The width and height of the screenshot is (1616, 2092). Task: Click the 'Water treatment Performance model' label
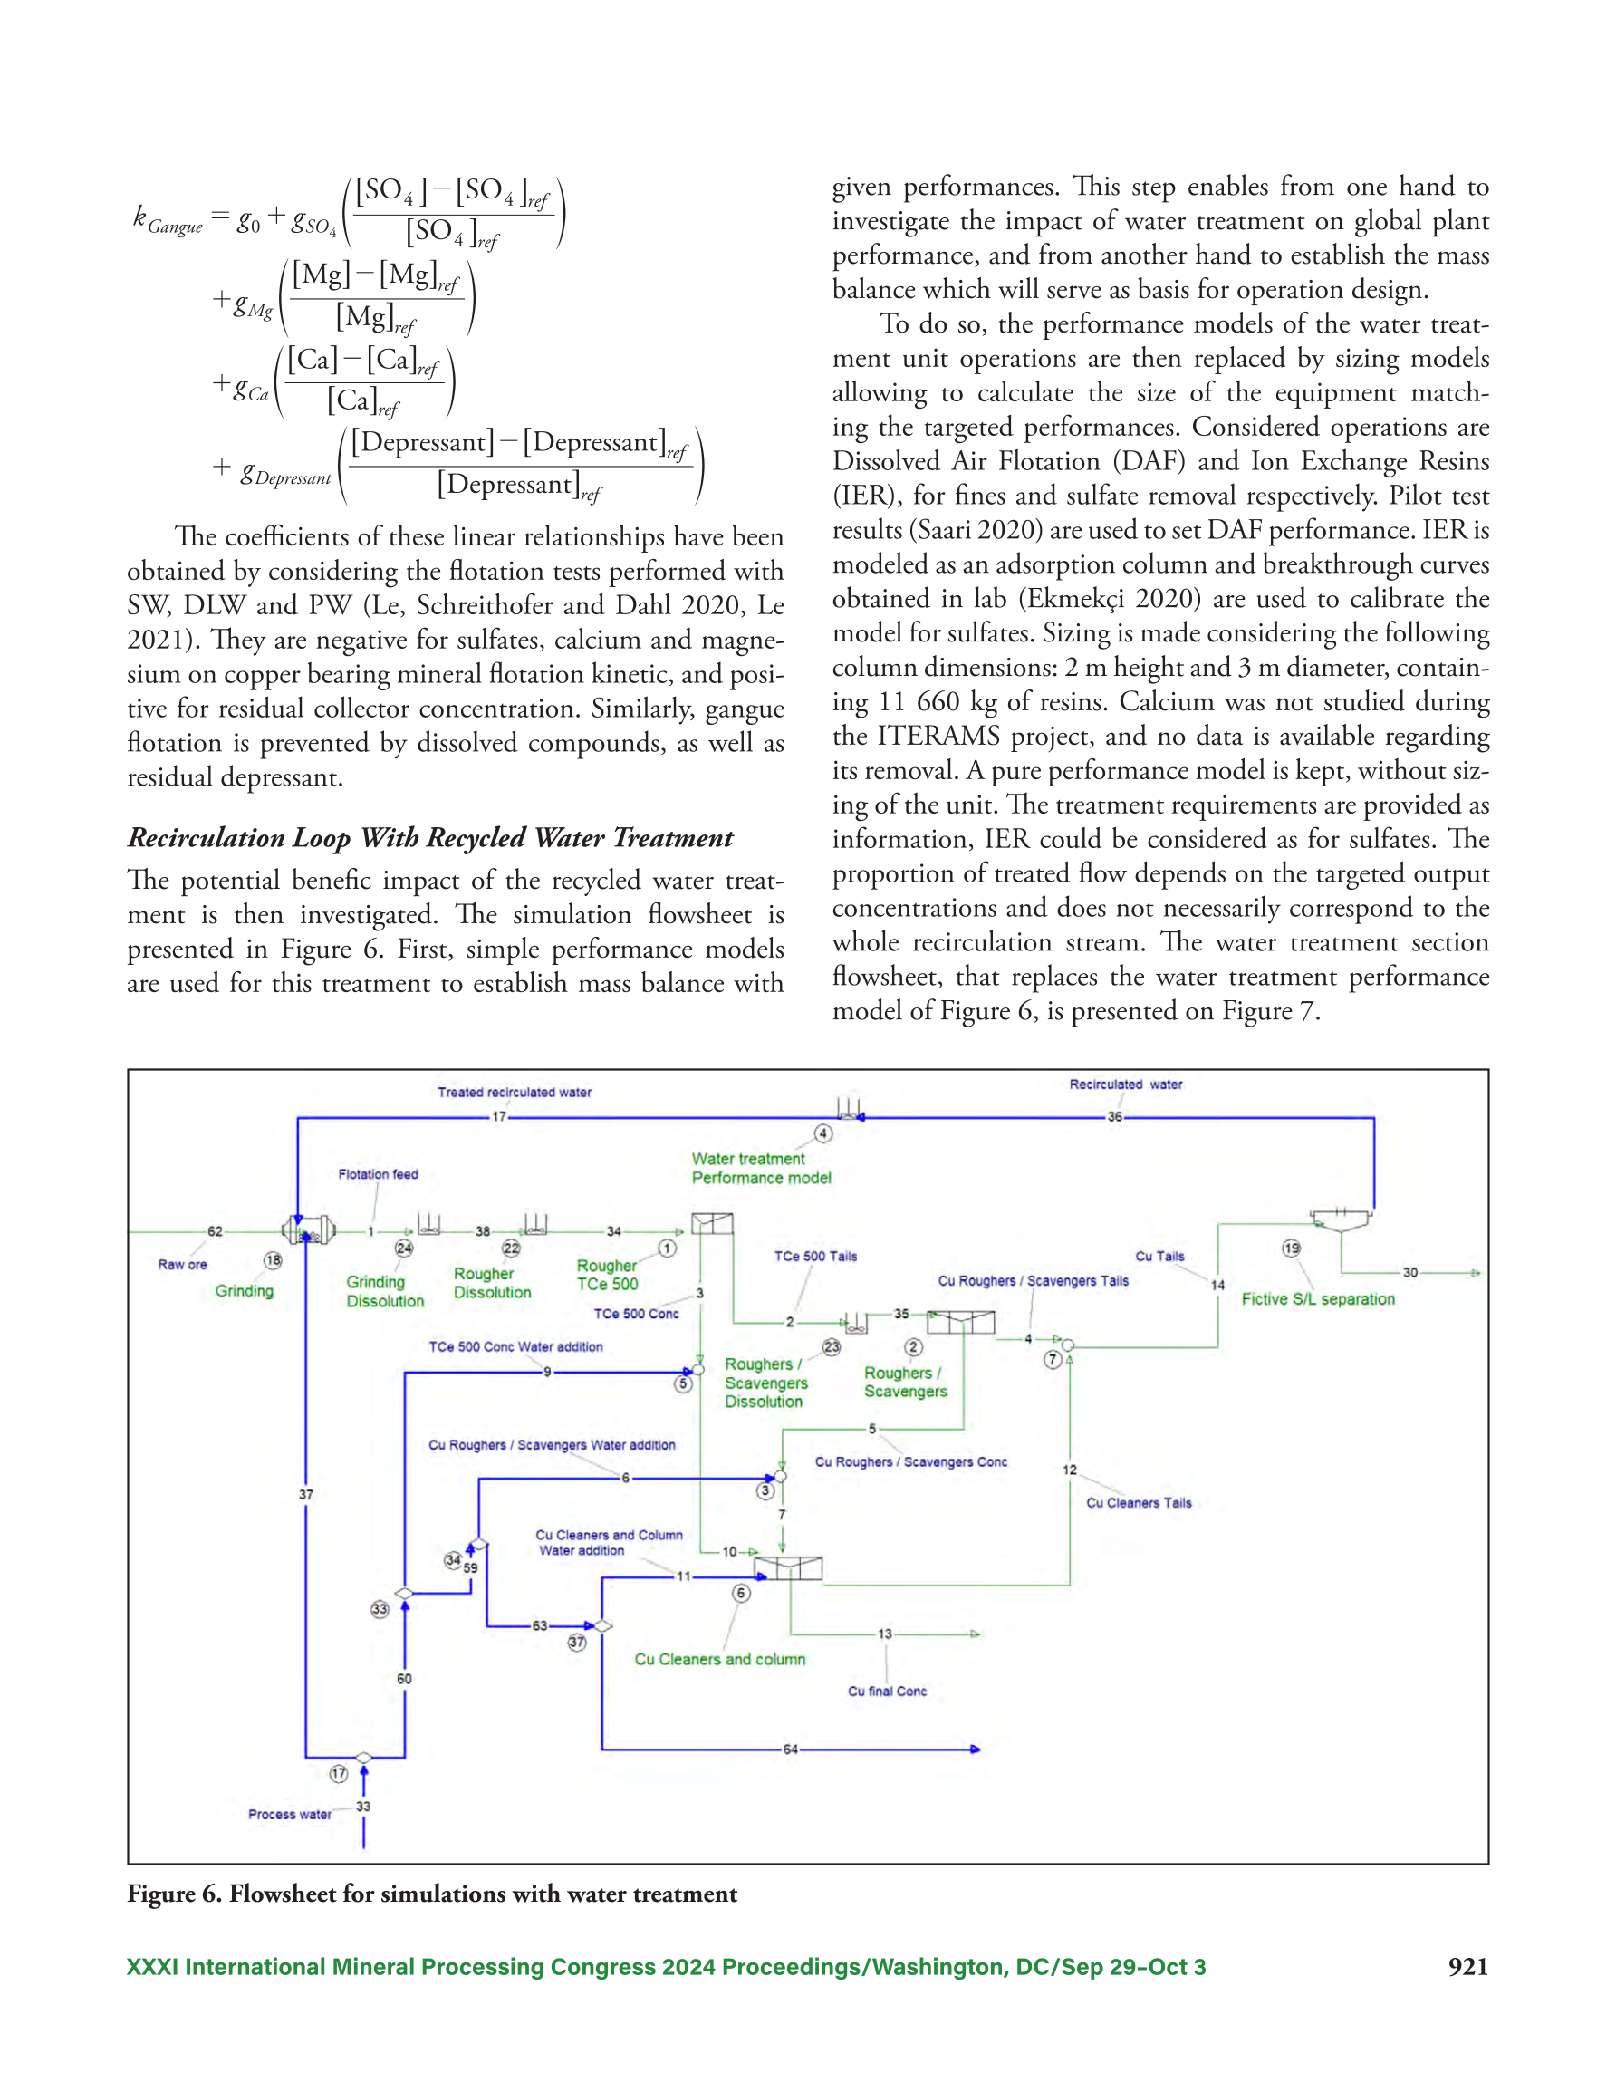tap(762, 1168)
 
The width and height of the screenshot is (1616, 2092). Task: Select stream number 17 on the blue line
tap(499, 1117)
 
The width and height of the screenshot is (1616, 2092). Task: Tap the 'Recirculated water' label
tap(1126, 1085)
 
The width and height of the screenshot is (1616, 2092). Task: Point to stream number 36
tap(1114, 1117)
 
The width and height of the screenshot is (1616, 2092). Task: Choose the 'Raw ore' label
tap(182, 1265)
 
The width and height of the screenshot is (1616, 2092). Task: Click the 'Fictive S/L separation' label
tap(1318, 1299)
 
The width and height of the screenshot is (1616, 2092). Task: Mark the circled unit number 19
tap(1292, 1248)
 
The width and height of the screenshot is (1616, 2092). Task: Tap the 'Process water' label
tap(289, 1814)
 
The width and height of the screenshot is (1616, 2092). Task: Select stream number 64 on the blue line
tap(790, 1750)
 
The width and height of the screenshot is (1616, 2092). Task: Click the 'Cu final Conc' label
tap(887, 1692)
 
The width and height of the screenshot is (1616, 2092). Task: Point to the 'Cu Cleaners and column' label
tap(719, 1659)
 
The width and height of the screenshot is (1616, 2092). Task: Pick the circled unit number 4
tap(822, 1134)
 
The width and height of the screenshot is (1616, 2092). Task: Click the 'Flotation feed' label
tap(378, 1174)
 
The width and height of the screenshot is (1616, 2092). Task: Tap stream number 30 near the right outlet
tap(1410, 1273)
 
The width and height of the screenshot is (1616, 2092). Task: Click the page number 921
tap(1468, 1967)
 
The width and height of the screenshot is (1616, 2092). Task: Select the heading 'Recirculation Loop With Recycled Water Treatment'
tap(430, 838)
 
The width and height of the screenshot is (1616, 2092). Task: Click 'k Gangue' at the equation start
tap(168, 220)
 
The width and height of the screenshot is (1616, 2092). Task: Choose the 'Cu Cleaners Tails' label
tap(1139, 1503)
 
